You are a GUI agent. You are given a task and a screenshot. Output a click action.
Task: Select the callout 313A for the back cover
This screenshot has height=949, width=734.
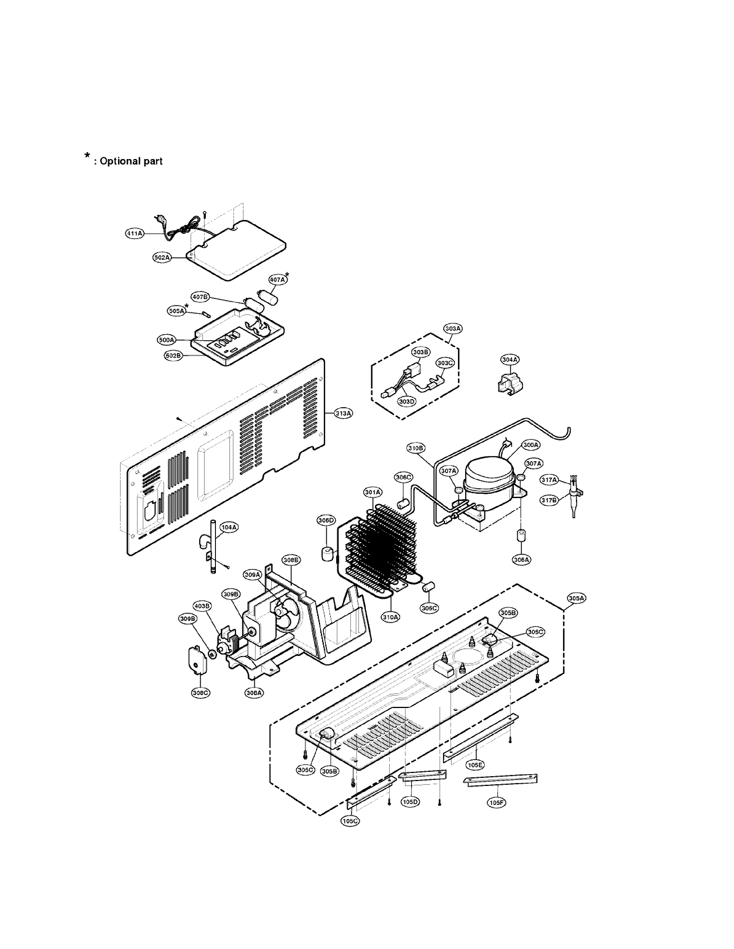point(343,413)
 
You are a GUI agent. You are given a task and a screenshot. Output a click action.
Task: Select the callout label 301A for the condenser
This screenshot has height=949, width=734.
point(373,492)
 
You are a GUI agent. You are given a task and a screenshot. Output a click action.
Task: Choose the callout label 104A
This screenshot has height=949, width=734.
point(229,527)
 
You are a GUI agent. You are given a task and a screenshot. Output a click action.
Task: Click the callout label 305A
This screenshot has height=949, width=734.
point(577,598)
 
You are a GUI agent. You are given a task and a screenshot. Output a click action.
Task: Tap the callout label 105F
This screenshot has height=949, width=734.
point(496,803)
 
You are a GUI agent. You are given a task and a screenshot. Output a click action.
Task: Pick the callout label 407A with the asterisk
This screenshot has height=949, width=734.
point(277,280)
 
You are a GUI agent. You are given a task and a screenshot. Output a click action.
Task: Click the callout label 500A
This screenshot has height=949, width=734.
point(166,340)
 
